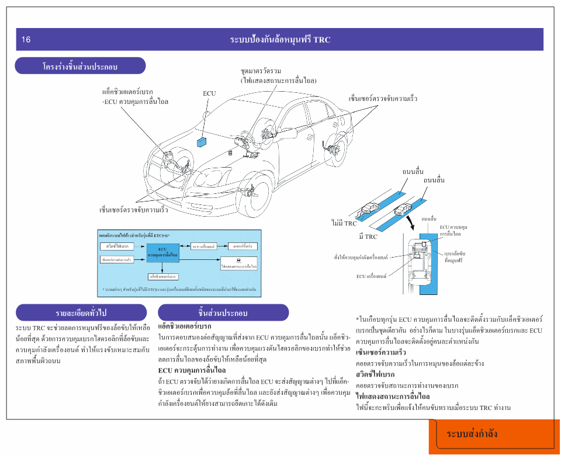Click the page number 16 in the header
pyautogui.click(x=26, y=40)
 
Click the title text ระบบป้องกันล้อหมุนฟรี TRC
pyautogui.click(x=280, y=40)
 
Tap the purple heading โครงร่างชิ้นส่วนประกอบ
pyautogui.click(x=80, y=67)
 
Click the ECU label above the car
pyautogui.click(x=209, y=93)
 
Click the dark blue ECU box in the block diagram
pyautogui.click(x=163, y=252)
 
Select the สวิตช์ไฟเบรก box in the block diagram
pyautogui.click(x=117, y=246)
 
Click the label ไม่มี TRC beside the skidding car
pyautogui.click(x=344, y=223)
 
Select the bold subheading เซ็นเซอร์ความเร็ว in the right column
pyautogui.click(x=380, y=353)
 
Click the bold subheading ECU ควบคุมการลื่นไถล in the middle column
pyautogui.click(x=192, y=370)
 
